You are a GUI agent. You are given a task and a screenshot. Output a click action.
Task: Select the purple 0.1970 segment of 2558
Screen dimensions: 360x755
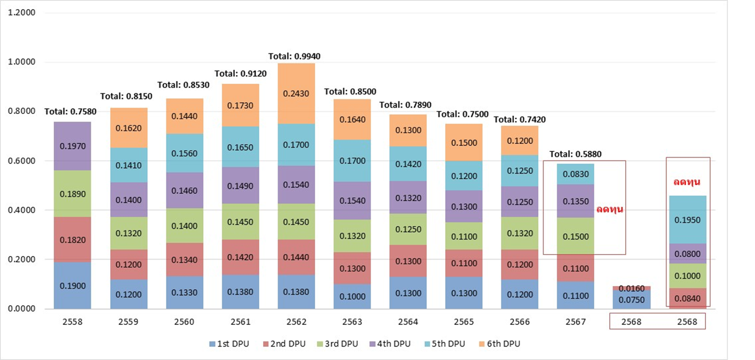pos(72,146)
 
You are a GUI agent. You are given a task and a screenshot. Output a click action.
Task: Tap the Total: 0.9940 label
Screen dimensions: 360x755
pos(294,56)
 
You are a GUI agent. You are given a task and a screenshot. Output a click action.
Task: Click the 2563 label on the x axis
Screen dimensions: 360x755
pos(352,322)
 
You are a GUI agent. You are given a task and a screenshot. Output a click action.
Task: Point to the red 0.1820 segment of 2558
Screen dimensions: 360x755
pos(72,240)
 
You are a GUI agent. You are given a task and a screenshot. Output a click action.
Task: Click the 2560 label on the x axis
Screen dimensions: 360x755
pos(184,322)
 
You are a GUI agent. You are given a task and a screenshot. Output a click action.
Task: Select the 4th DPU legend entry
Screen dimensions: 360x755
pos(391,343)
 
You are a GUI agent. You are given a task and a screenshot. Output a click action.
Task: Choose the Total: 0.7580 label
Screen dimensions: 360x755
pos(71,112)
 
